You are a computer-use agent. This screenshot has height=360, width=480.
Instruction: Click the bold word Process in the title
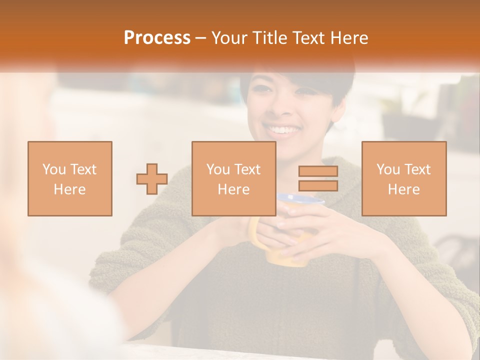pos(157,38)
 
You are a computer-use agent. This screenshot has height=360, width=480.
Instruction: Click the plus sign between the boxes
pos(152,179)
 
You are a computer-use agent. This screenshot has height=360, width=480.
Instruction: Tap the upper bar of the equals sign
pos(318,171)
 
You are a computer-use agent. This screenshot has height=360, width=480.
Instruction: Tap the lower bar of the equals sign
pos(318,185)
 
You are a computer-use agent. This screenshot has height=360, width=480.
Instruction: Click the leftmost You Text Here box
pos(70,178)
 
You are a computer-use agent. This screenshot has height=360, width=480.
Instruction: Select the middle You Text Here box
pos(233,178)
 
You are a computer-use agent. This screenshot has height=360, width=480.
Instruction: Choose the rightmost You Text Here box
pos(403,178)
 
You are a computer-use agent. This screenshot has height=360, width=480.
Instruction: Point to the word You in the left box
pos(53,169)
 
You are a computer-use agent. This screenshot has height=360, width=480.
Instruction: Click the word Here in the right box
pos(403,189)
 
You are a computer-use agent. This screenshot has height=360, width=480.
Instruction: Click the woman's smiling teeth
pos(283,131)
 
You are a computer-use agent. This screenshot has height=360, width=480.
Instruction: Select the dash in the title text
pos(201,38)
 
